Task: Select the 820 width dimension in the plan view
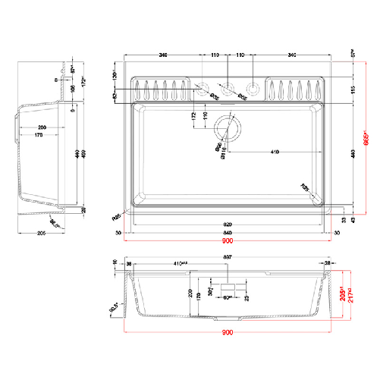point(228,225)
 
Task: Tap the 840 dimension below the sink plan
point(228,233)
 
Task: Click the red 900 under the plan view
point(228,242)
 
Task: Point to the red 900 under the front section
point(228,333)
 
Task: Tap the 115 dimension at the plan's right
point(353,90)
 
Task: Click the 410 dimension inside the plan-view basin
point(273,152)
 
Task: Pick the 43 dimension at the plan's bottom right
point(353,220)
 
